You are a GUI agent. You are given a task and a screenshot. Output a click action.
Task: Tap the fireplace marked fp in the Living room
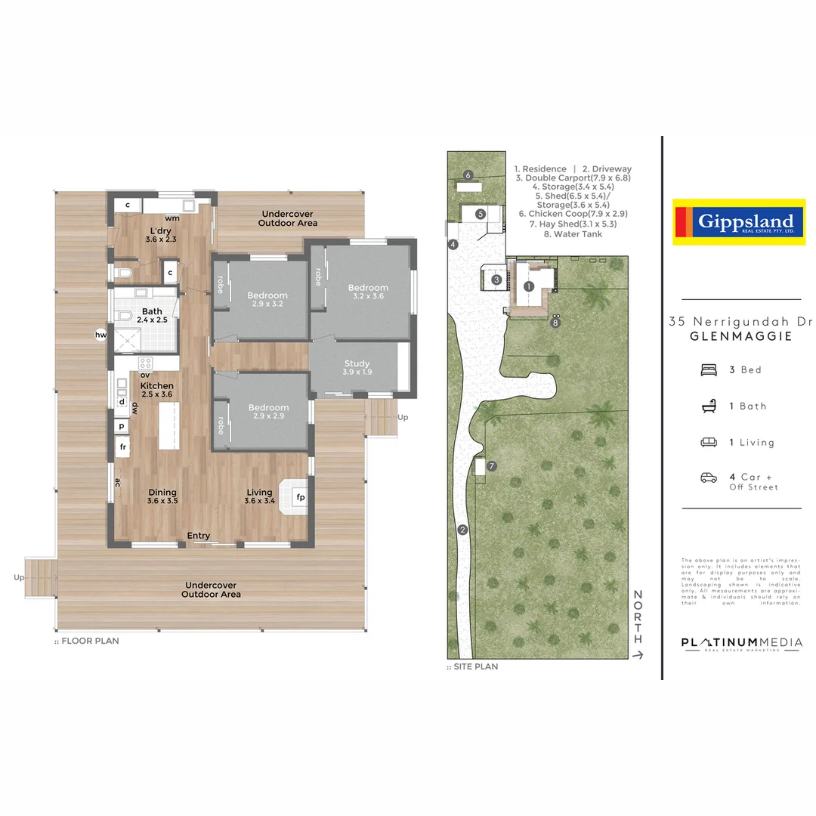pyautogui.click(x=299, y=498)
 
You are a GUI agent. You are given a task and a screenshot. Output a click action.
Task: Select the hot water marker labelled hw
pyautogui.click(x=100, y=335)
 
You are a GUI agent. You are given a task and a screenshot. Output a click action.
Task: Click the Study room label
pyautogui.click(x=357, y=368)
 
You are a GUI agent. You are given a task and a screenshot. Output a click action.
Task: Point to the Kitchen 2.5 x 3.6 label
pyautogui.click(x=157, y=390)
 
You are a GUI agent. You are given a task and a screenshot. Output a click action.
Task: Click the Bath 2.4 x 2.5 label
pyautogui.click(x=152, y=316)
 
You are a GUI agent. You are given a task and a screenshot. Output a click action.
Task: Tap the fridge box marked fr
pyautogui.click(x=122, y=447)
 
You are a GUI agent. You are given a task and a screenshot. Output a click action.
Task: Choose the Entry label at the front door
pyautogui.click(x=199, y=536)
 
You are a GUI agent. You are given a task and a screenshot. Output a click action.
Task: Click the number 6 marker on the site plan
pyautogui.click(x=468, y=175)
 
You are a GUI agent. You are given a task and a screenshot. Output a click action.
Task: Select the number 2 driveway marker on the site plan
pyautogui.click(x=462, y=530)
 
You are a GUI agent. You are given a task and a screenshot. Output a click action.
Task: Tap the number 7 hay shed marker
pyautogui.click(x=492, y=466)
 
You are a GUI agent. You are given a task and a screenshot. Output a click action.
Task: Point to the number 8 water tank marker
pyautogui.click(x=556, y=323)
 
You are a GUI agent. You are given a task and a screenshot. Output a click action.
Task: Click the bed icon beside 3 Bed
pyautogui.click(x=709, y=369)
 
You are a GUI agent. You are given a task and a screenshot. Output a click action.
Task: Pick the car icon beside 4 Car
pyautogui.click(x=709, y=478)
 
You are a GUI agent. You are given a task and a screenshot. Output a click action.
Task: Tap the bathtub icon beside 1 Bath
pyautogui.click(x=709, y=406)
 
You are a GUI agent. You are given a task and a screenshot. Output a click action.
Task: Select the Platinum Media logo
pyautogui.click(x=741, y=644)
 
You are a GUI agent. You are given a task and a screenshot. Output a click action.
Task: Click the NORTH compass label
pyautogui.click(x=638, y=614)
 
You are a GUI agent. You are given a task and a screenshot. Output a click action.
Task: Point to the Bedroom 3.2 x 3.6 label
pyautogui.click(x=368, y=292)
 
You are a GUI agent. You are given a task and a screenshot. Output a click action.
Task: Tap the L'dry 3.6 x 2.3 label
pyautogui.click(x=160, y=235)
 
